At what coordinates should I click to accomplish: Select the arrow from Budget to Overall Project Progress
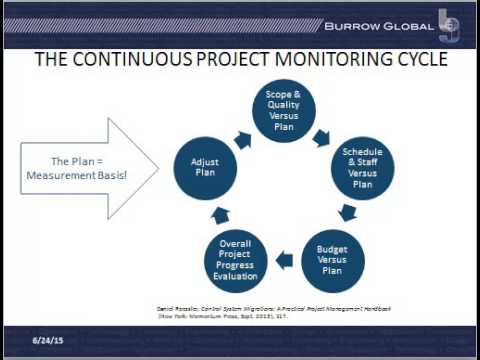(285, 261)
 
